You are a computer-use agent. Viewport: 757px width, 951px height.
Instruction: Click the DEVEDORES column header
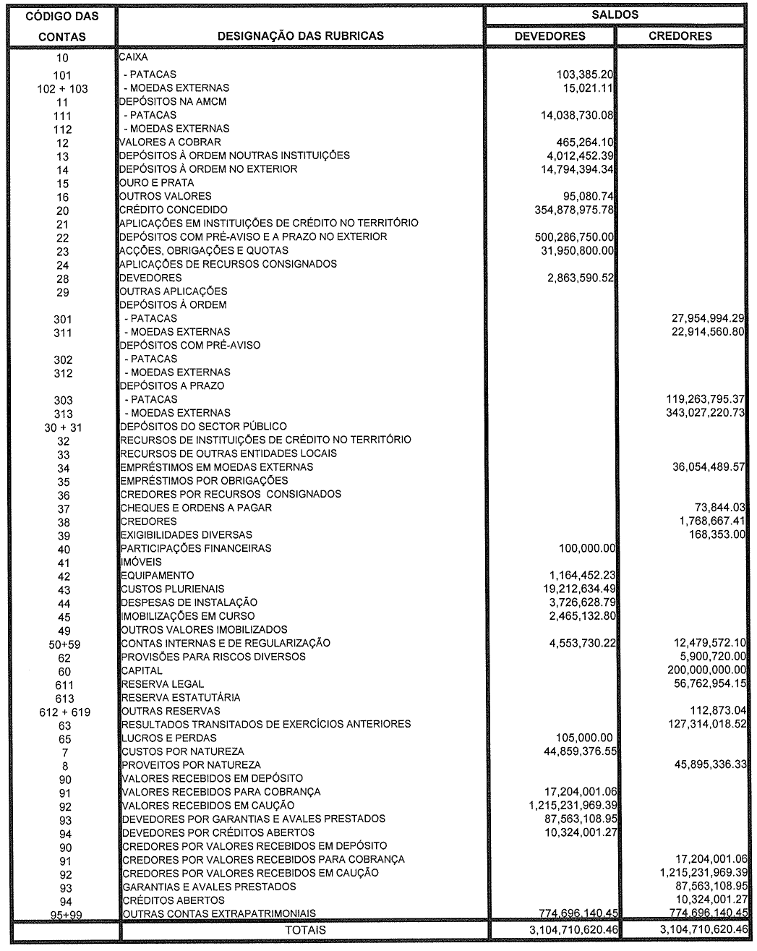(549, 35)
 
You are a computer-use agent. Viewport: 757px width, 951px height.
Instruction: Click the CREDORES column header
(680, 35)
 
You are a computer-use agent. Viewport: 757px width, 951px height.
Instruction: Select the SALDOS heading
(615, 14)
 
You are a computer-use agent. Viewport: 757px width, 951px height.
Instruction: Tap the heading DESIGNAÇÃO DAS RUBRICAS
(301, 35)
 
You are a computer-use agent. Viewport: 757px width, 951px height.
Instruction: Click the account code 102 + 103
(62, 88)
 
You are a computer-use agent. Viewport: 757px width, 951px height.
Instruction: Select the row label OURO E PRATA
(157, 183)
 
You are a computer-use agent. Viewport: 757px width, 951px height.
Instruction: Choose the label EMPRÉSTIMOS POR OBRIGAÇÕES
(204, 481)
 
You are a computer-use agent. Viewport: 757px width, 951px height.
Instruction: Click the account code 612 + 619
(64, 712)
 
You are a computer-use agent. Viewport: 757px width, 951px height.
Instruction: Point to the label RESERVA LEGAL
(162, 684)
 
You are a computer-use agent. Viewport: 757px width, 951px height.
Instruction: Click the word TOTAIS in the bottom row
(306, 930)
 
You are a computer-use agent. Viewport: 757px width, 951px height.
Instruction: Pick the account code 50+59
(64, 644)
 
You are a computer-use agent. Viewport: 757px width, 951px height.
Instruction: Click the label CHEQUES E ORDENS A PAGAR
(196, 508)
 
